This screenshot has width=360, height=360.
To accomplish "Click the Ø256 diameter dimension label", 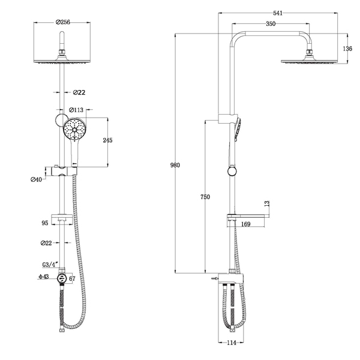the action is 62,22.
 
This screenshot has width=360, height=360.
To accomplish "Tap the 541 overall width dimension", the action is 278,13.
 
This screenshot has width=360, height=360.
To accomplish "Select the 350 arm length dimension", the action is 271,24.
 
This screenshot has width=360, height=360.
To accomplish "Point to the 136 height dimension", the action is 347,49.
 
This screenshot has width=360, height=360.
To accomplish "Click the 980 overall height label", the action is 175,165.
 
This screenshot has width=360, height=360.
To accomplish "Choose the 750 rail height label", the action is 205,197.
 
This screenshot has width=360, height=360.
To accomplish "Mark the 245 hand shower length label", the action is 107,140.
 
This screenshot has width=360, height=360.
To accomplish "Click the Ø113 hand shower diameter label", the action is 76,110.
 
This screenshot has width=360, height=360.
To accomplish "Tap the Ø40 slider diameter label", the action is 36,179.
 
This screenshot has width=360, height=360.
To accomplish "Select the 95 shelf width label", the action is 45,223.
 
